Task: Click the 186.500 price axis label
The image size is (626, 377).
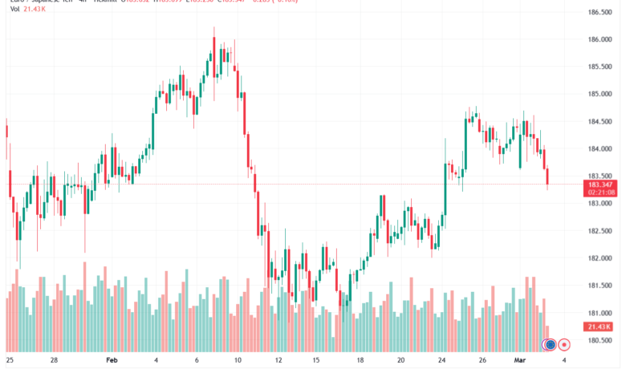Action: (x=601, y=12)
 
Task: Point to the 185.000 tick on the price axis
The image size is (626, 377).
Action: (x=601, y=94)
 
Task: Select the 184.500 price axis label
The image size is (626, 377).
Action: (x=601, y=121)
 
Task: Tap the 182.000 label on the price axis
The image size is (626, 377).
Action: (x=601, y=258)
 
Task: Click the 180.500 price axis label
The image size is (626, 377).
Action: (x=601, y=340)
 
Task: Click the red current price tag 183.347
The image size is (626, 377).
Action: (x=601, y=184)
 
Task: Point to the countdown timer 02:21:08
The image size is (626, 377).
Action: (x=601, y=193)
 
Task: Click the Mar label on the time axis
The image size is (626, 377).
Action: (x=519, y=361)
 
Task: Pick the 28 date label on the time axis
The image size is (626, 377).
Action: (x=54, y=361)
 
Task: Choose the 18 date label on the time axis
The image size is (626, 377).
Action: (x=360, y=361)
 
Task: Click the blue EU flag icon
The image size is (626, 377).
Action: (x=551, y=345)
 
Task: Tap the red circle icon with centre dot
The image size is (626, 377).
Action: (x=564, y=345)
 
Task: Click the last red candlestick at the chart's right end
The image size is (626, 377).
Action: (x=548, y=178)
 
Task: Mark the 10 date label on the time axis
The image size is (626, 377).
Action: (x=238, y=361)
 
